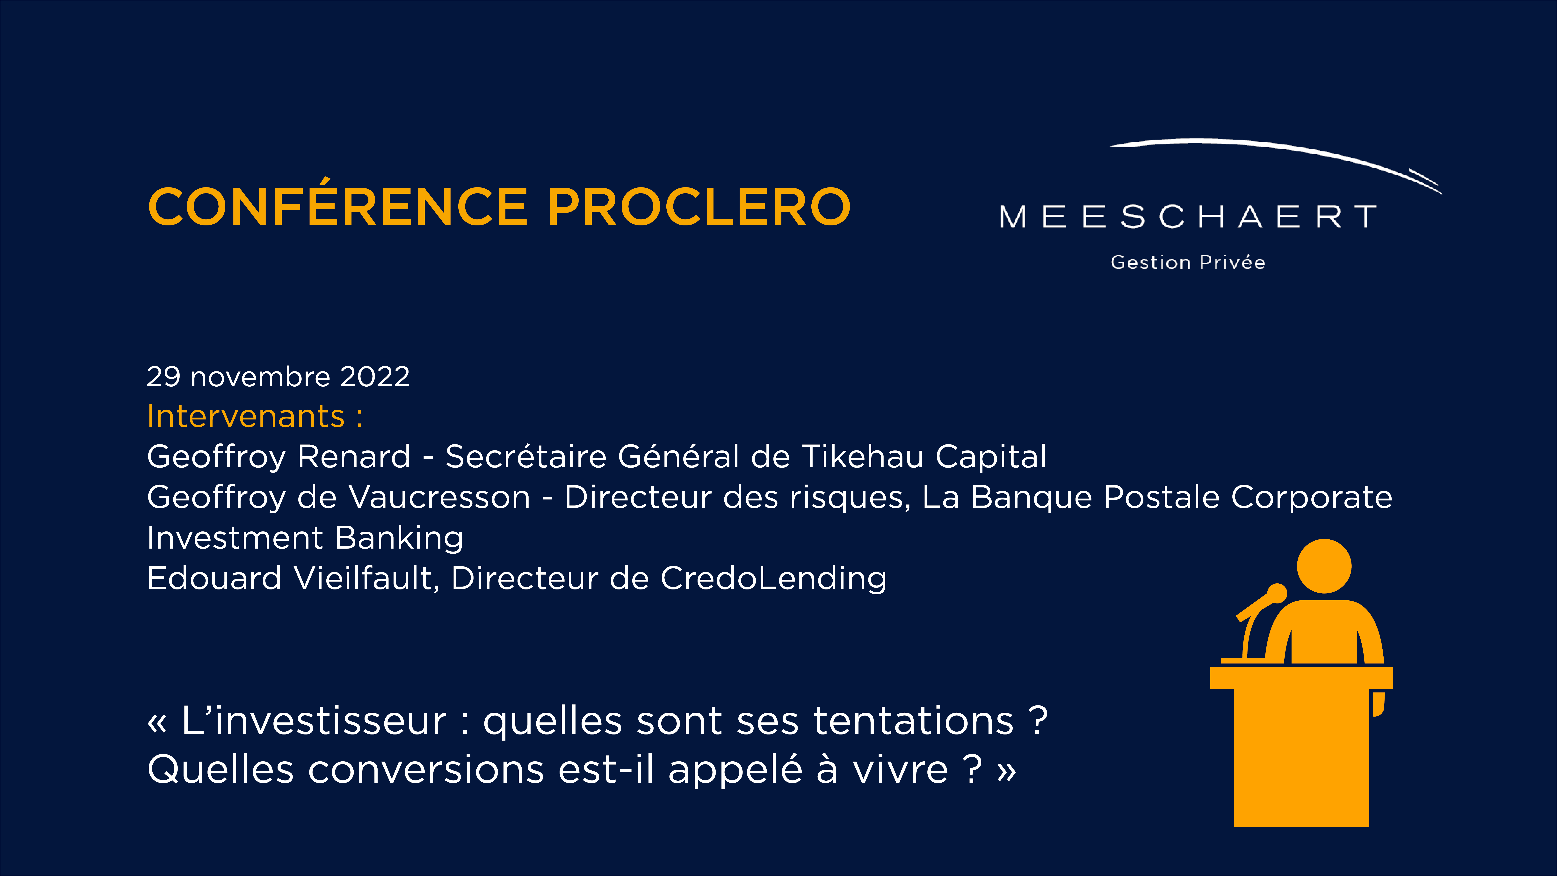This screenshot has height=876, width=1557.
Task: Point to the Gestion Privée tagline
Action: (1188, 262)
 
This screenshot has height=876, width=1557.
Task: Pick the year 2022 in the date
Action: (375, 377)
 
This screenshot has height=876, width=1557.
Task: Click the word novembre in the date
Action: (260, 377)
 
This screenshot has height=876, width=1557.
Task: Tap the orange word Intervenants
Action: (246, 417)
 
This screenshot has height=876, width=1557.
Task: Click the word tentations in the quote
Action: (913, 721)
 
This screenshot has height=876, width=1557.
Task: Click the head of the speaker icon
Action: (1324, 566)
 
